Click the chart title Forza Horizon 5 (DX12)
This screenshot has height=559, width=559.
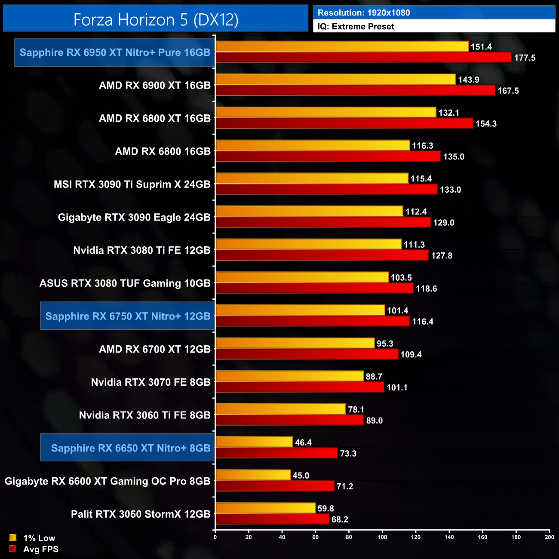point(156,20)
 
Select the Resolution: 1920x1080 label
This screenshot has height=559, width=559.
point(364,13)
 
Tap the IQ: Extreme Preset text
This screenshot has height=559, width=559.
point(356,27)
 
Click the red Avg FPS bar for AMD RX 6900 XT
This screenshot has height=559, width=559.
point(355,90)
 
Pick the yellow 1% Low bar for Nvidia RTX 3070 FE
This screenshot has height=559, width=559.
point(289,376)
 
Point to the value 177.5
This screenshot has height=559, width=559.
point(525,58)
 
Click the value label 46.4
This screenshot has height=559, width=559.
point(303,442)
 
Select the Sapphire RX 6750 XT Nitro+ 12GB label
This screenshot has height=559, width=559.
point(128,316)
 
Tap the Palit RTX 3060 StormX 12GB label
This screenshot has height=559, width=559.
point(141,514)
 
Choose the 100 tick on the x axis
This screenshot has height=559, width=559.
point(382,537)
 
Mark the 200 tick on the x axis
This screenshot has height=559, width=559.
point(549,537)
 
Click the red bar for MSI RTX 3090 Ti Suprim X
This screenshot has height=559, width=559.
point(326,189)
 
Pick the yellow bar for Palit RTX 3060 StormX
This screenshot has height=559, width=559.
point(265,508)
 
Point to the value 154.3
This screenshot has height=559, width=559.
point(486,124)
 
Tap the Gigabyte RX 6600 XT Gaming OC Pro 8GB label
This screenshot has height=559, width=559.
point(107,481)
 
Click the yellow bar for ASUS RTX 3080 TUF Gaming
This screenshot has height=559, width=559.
point(302,277)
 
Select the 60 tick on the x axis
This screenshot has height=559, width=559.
point(315,537)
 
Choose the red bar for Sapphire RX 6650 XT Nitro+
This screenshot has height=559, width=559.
point(276,453)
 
